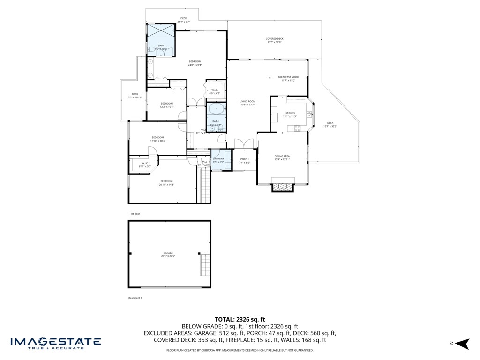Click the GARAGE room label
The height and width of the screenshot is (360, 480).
click(x=168, y=253)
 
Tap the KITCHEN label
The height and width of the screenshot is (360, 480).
click(x=290, y=113)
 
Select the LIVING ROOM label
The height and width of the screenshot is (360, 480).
click(x=247, y=102)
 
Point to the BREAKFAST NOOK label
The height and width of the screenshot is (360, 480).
click(x=288, y=77)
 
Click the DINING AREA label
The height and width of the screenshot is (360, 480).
click(x=282, y=156)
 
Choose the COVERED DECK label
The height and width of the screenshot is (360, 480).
click(x=274, y=39)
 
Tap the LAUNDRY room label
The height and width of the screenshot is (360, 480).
click(x=218, y=159)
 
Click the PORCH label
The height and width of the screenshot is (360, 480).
click(x=244, y=159)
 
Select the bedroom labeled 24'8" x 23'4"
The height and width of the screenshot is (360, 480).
click(x=195, y=62)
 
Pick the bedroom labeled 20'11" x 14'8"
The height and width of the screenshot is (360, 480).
click(x=166, y=181)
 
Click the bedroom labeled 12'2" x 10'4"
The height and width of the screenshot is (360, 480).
click(x=166, y=104)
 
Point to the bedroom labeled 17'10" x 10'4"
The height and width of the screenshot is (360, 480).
click(x=157, y=137)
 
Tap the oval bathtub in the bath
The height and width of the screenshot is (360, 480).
click(x=216, y=109)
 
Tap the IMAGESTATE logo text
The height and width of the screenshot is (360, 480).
click(x=55, y=341)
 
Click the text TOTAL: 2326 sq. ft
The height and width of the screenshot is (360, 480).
click(x=240, y=319)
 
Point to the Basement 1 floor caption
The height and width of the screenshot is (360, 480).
click(x=135, y=298)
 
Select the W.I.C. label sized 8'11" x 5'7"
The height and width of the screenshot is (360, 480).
click(x=145, y=164)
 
